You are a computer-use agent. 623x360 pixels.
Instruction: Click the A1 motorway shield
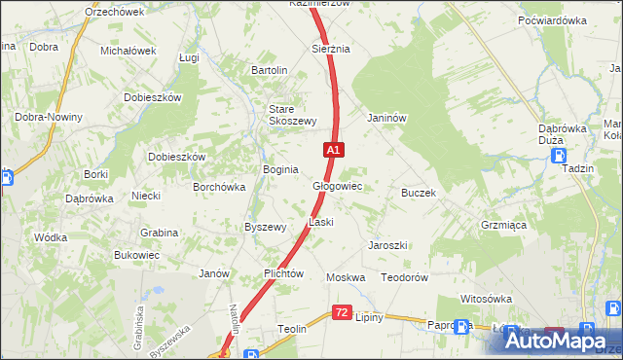[334, 150]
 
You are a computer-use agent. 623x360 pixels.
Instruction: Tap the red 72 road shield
[341, 312]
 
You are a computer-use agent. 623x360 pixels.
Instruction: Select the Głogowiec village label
[337, 185]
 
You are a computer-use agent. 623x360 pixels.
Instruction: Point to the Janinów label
[385, 118]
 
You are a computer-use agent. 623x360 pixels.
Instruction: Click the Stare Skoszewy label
[292, 115]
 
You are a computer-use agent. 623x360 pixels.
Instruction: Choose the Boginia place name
[280, 169]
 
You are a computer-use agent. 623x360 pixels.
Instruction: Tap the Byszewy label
[265, 227]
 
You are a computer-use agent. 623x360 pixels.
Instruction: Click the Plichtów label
[284, 274]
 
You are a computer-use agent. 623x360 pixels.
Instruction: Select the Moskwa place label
[346, 277]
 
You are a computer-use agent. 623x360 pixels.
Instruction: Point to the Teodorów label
[405, 277]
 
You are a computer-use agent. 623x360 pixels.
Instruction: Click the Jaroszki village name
[386, 245]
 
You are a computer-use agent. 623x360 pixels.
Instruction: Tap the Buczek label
[418, 193]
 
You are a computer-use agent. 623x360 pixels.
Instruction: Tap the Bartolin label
[270, 70]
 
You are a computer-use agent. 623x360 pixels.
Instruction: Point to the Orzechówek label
[114, 12]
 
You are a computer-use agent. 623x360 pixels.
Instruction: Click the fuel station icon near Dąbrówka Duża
[559, 155]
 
